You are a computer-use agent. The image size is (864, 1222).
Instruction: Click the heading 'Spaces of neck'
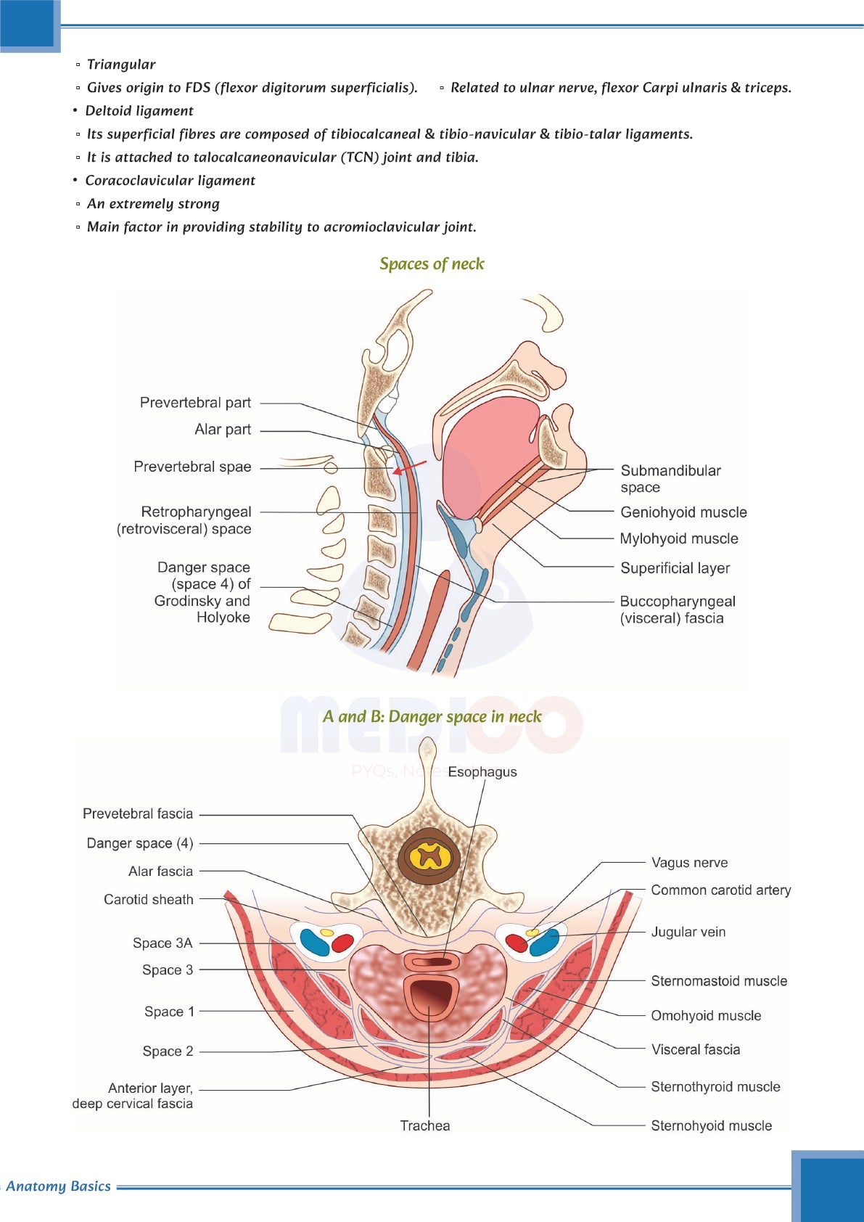[432, 264]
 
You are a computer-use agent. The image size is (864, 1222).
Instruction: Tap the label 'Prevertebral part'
[195, 403]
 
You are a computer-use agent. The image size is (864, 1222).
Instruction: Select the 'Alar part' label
[222, 430]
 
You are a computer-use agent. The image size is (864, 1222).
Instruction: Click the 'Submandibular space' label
[670, 479]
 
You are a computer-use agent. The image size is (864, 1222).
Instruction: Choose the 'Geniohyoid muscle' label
[683, 512]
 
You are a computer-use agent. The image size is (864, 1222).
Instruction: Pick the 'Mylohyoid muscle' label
[679, 538]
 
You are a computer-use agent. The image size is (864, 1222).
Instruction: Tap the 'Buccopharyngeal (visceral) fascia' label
[677, 610]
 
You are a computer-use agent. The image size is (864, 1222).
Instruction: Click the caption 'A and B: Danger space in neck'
[432, 717]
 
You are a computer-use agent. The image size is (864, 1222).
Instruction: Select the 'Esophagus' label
[482, 772]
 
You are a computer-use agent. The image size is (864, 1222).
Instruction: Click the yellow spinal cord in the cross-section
[430, 856]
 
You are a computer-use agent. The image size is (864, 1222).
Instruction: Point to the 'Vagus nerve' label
[689, 863]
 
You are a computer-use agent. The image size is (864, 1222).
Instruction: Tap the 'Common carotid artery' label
[720, 890]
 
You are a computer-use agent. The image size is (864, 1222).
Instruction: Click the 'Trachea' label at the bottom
[425, 1125]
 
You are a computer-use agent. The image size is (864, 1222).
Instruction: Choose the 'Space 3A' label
[162, 943]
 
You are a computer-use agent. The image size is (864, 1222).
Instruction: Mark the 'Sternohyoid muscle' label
[711, 1125]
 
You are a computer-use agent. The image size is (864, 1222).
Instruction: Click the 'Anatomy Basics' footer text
[58, 1186]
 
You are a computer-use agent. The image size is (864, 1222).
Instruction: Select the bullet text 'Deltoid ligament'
[139, 111]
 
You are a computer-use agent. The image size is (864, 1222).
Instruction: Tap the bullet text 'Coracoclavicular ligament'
[170, 181]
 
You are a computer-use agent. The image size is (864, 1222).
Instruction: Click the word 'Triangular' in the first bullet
[121, 65]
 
